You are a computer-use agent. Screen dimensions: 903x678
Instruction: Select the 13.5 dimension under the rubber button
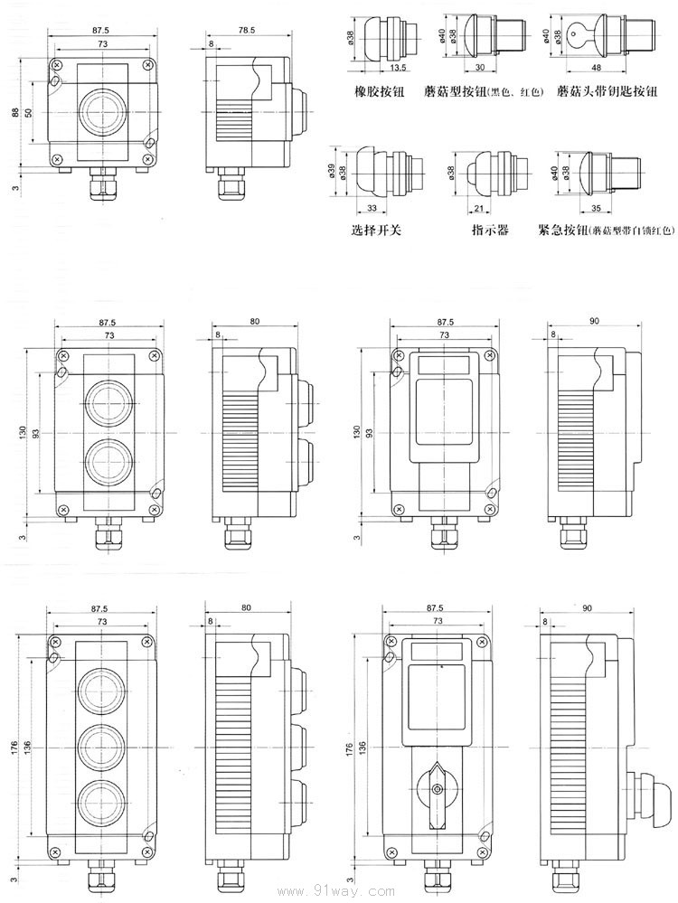tap(397, 68)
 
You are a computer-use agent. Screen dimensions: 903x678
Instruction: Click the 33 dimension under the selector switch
tap(371, 209)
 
